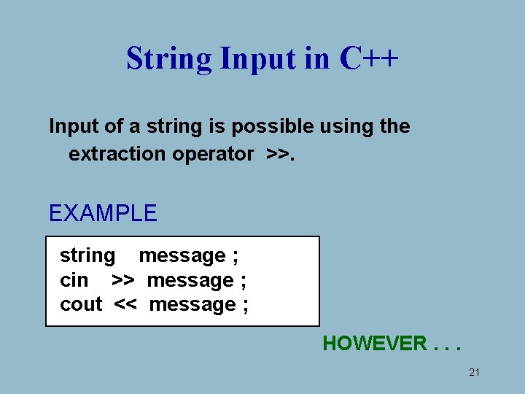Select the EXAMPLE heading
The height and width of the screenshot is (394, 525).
point(103,213)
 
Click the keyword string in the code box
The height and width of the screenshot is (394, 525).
point(87,256)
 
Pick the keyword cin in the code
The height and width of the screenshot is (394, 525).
point(74,280)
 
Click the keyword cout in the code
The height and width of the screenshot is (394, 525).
point(81,304)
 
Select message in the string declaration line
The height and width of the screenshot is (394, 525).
point(182,256)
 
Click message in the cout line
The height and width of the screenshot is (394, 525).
point(192,304)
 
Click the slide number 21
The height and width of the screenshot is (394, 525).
point(474,373)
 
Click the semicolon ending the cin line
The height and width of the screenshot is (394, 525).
point(243,281)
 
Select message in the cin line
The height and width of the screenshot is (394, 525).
point(190,280)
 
